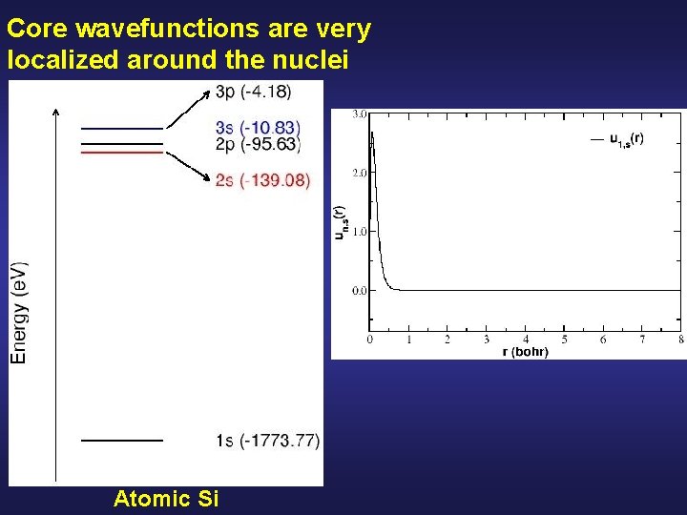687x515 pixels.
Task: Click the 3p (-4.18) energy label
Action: coord(254,92)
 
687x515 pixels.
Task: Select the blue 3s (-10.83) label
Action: coord(259,128)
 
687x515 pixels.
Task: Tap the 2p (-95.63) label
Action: coord(258,145)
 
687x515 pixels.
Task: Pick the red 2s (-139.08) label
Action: coord(262,180)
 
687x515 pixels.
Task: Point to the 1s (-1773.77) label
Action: coord(267,440)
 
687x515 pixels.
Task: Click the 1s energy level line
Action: coord(122,441)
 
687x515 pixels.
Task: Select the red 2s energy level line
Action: coord(122,152)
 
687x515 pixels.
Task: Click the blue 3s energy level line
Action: coord(122,128)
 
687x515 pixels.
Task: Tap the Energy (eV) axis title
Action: coord(19,312)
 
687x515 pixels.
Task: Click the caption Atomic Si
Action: coord(166,498)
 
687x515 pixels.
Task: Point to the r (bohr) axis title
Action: coord(525,352)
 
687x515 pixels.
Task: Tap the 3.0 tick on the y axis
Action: coord(359,114)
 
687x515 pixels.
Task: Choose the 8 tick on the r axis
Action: coord(680,340)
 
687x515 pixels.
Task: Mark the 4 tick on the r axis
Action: coord(526,340)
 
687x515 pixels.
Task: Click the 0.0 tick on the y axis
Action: coord(359,290)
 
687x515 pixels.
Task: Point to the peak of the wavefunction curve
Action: coord(371,132)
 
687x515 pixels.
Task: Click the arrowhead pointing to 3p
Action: coord(210,92)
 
